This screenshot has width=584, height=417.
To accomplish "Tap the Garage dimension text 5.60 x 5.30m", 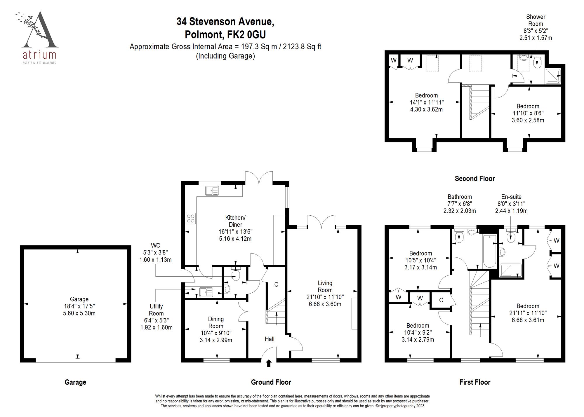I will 79,313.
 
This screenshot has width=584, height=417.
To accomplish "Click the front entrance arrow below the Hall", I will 269,363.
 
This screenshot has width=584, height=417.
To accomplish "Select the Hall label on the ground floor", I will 269,339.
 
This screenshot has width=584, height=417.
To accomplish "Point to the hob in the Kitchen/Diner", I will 191,218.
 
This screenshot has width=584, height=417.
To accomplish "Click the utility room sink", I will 206,292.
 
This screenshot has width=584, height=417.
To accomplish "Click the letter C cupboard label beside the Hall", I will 276,284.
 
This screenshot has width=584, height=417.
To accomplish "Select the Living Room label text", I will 325,286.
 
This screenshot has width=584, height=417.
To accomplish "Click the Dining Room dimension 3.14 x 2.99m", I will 216,340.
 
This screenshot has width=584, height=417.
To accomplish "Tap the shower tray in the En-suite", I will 510,270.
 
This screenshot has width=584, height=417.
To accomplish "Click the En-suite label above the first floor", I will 511,197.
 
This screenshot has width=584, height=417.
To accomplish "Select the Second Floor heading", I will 474,178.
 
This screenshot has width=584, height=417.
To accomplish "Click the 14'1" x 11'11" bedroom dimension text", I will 426,102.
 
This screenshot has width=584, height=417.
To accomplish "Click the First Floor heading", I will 474,382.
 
